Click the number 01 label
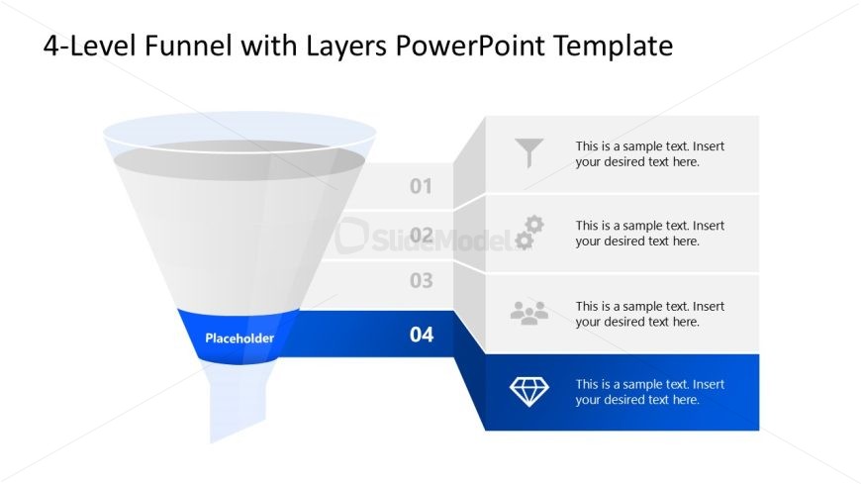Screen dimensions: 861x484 coord(422,186)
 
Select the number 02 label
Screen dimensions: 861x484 coord(422,236)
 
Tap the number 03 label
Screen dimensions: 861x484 coord(422,281)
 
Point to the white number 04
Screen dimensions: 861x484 coord(422,335)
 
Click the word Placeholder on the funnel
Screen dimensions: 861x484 coord(239,339)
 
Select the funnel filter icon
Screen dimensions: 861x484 coord(529,152)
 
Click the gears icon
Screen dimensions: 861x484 coord(529,233)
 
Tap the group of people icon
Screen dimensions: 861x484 coord(529,313)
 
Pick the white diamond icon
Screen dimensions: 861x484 coord(529,392)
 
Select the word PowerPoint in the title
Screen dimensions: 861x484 coord(470,46)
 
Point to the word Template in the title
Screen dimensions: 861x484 coord(613,47)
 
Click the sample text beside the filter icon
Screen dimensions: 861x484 coord(649,154)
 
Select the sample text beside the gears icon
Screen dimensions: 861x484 coord(649,234)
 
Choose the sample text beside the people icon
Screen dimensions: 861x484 coord(649,314)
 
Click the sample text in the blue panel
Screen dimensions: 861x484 coord(649,392)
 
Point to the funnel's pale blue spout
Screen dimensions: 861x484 coord(238,401)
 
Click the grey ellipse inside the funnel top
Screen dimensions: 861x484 coord(239,160)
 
